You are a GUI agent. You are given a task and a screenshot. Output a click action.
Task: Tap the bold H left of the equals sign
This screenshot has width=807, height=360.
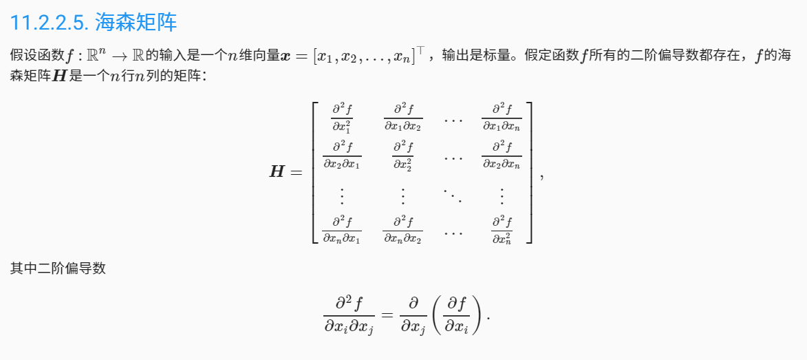[x=278, y=171]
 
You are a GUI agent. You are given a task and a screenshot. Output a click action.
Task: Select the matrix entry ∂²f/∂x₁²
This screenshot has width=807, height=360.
[x=342, y=116]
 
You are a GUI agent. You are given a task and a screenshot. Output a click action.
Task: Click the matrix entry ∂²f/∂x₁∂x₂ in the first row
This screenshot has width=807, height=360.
[x=402, y=116]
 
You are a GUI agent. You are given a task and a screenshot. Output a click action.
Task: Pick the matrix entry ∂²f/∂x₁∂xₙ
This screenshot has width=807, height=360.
[x=502, y=116]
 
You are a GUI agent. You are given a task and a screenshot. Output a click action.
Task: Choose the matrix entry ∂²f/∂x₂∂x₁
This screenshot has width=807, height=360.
[x=342, y=155]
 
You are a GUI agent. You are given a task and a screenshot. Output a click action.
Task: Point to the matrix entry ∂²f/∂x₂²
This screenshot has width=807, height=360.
[x=402, y=155]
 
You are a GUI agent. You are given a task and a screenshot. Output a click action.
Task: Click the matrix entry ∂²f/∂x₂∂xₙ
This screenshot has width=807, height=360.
[x=502, y=155]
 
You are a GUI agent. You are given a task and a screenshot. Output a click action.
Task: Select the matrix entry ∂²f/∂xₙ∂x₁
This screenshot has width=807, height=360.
[x=342, y=229]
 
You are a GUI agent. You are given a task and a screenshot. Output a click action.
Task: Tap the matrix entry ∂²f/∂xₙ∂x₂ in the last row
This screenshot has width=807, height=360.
[x=402, y=229]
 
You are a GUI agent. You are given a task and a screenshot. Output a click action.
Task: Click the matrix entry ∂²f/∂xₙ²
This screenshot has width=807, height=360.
[x=502, y=229]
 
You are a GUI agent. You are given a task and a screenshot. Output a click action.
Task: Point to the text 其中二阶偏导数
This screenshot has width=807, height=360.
[x=58, y=268]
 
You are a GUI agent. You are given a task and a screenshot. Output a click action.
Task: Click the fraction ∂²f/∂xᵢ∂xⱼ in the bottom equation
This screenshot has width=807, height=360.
[x=349, y=314]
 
